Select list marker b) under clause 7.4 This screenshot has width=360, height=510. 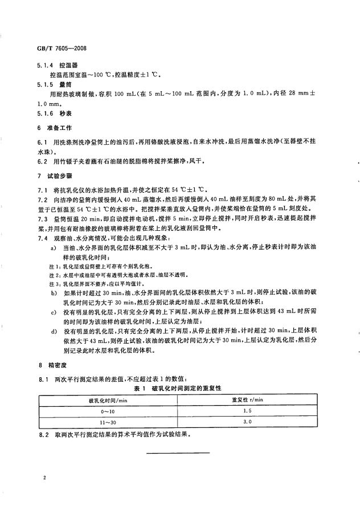pyautogui.click(x=54, y=292)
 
